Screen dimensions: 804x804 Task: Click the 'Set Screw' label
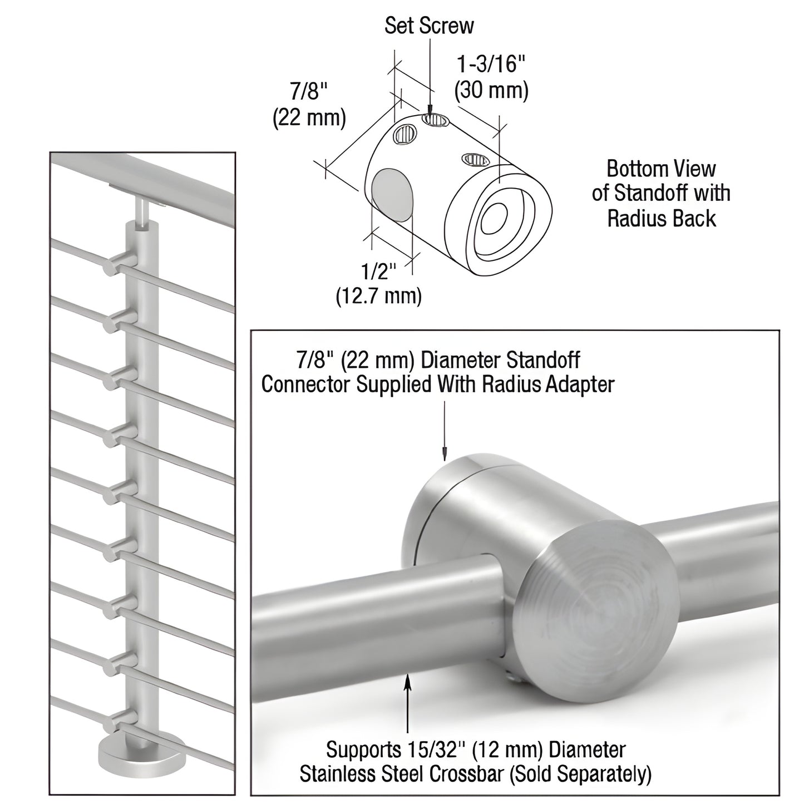tap(429, 26)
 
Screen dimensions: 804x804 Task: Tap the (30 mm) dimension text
tap(491, 90)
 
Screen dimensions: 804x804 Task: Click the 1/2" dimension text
tap(378, 271)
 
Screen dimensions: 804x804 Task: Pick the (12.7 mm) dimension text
tap(378, 295)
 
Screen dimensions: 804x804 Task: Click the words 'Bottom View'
tap(661, 168)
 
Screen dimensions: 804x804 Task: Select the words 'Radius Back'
tap(661, 219)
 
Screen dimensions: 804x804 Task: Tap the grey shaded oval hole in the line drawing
tap(393, 195)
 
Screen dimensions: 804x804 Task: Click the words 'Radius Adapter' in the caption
tap(547, 384)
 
